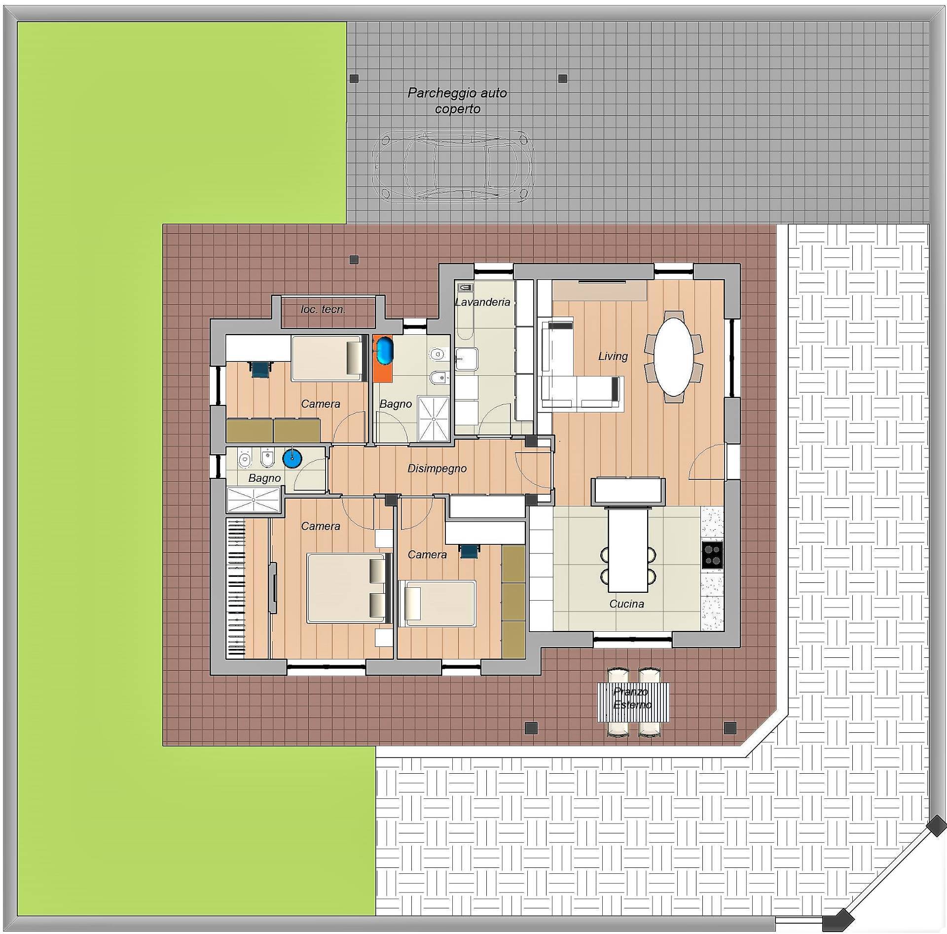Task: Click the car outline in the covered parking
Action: tap(453, 166)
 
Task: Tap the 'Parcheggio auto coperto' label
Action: tap(457, 101)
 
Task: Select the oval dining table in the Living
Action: tap(673, 356)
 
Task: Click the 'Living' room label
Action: tap(613, 356)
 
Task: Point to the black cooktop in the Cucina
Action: tap(712, 554)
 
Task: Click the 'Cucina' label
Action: tap(626, 604)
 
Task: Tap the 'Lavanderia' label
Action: tap(482, 302)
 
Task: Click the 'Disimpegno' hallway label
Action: tap(437, 468)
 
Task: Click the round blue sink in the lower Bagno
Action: tap(292, 459)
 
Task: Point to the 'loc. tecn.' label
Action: tap(323, 310)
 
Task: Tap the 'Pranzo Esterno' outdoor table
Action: tap(633, 703)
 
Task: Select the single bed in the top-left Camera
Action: tap(328, 358)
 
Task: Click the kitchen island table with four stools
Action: tap(628, 550)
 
